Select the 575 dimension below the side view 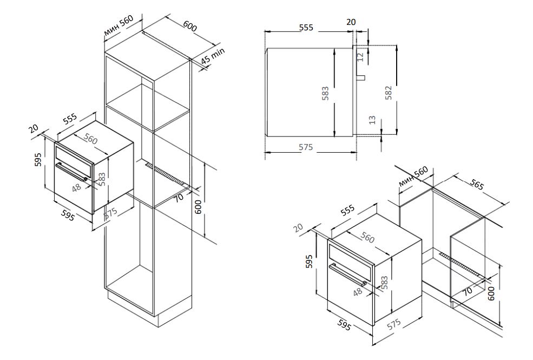[307, 148]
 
